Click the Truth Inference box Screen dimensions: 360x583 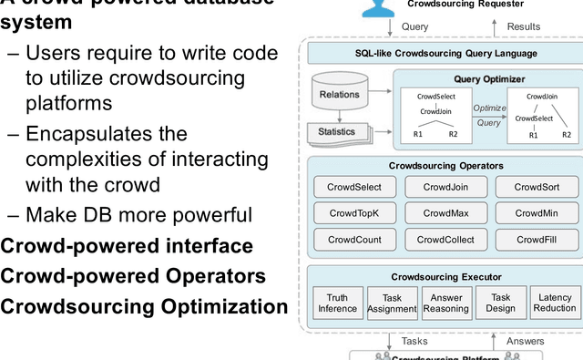point(337,303)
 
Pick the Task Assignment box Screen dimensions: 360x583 point(392,303)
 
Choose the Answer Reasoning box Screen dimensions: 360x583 point(446,303)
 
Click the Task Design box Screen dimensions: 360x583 point(500,303)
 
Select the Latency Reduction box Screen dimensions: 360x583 point(555,303)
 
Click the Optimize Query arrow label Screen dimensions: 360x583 point(489,114)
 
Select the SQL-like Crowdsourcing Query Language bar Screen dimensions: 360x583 point(445,53)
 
